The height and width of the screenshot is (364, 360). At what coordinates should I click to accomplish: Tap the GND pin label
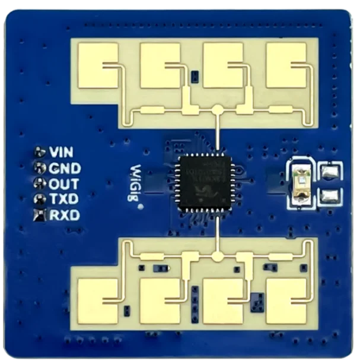click(x=65, y=167)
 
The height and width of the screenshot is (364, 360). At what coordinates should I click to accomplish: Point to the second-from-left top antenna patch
click(x=160, y=66)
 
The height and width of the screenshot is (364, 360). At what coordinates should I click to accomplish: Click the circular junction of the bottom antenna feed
click(x=218, y=257)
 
